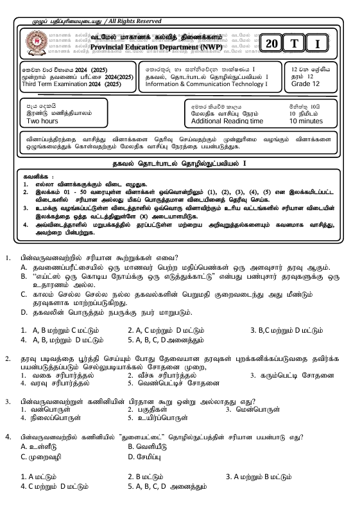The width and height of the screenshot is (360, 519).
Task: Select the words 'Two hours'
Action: point(42,121)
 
